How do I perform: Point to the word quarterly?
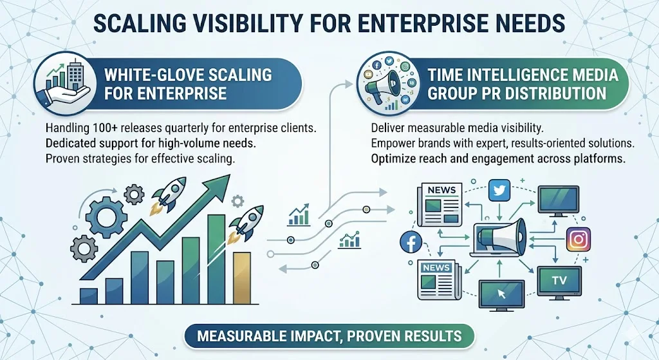pyautogui.click(x=191, y=128)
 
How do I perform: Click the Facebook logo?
pyautogui.click(x=410, y=242)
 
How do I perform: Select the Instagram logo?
pyautogui.click(x=578, y=240)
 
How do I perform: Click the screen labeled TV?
pyautogui.click(x=559, y=281)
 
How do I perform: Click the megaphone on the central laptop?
pyautogui.click(x=504, y=232)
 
